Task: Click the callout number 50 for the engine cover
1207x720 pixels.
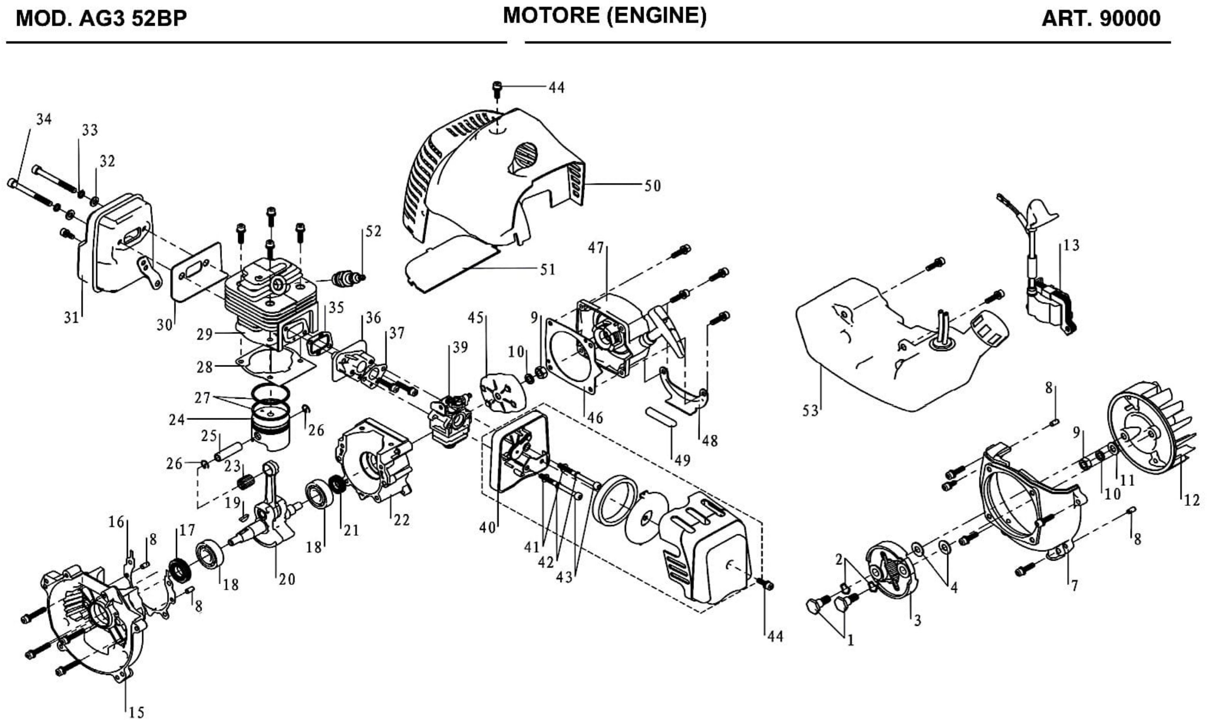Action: point(652,186)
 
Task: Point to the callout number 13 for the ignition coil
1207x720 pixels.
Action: point(1071,245)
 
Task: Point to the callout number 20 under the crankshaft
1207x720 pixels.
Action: point(287,579)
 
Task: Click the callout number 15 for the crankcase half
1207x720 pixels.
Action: point(136,712)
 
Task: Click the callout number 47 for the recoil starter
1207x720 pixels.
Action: point(596,248)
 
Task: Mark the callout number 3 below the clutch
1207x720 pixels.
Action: point(917,620)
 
